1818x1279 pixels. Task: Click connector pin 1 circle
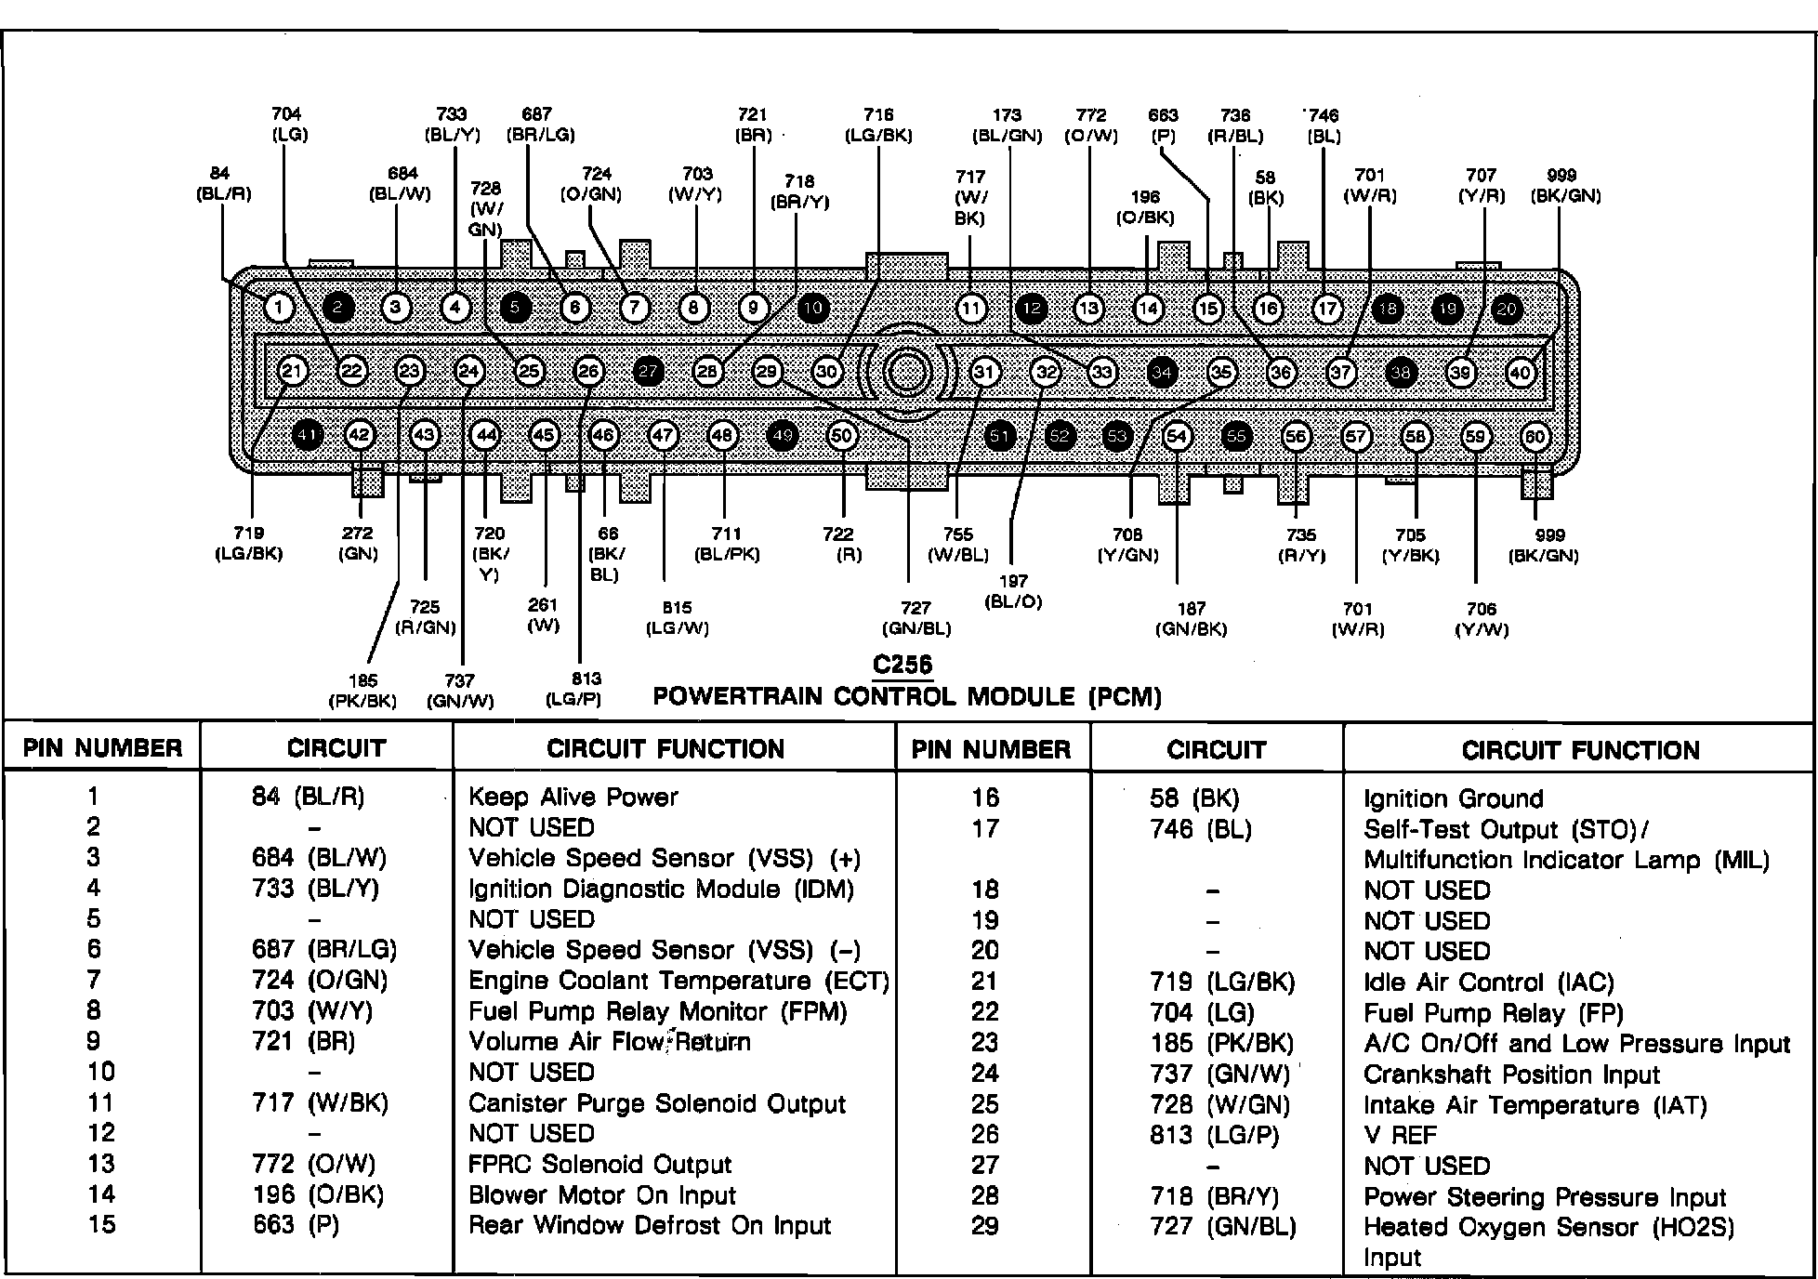[279, 308]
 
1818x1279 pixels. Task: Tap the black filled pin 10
[813, 308]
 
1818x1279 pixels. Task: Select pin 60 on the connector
[1535, 437]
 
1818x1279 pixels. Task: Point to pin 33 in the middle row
[1101, 373]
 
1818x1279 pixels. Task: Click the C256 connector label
[902, 666]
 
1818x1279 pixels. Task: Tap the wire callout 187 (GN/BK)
[1191, 619]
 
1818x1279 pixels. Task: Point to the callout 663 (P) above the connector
[1163, 125]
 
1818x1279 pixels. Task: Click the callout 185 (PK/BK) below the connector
[362, 691]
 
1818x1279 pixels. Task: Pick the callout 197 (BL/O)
[1013, 591]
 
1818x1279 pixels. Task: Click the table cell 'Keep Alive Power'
[573, 797]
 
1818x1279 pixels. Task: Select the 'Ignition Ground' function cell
[1453, 798]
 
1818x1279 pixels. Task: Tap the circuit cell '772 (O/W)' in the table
[313, 1164]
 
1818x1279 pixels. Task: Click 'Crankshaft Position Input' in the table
[1511, 1075]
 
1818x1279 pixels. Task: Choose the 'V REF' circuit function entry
[1400, 1135]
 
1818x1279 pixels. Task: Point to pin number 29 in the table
[984, 1226]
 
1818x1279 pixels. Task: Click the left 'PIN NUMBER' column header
[102, 748]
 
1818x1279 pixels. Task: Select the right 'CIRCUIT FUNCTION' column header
[1580, 750]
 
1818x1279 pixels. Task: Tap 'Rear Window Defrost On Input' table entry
[649, 1225]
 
